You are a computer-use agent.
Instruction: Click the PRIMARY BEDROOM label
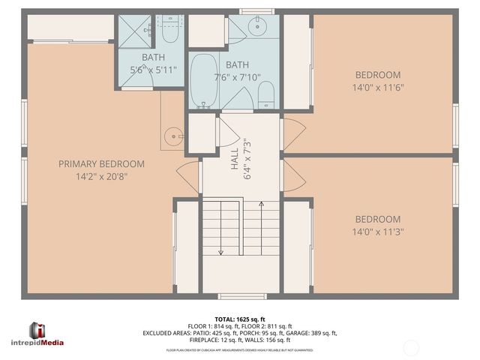click(100, 163)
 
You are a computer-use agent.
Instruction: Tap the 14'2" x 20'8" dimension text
click(100, 178)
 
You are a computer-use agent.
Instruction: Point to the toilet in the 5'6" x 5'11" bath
click(168, 34)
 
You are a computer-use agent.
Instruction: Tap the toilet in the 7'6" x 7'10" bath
click(265, 94)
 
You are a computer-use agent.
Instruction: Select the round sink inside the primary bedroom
click(174, 136)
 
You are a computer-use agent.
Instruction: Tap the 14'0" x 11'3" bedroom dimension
click(379, 232)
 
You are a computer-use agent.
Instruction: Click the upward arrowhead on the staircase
click(260, 202)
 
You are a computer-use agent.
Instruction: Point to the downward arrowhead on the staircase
click(220, 253)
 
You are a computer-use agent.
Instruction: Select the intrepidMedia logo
click(46, 334)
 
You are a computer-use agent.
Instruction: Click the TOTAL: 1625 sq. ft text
click(240, 319)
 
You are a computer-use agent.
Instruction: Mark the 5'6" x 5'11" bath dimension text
click(153, 70)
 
